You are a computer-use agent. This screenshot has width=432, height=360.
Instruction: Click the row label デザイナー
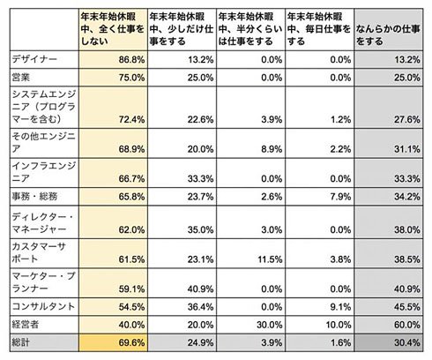(34, 59)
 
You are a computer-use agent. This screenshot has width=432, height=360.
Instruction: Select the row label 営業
(21, 78)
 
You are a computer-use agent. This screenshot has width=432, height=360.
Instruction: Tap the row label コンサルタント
(43, 307)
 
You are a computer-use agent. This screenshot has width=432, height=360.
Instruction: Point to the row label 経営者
(26, 325)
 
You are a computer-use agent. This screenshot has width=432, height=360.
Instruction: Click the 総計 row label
(20, 342)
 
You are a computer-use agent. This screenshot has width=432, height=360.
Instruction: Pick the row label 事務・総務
(34, 196)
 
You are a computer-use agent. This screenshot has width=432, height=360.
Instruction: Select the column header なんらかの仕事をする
(388, 35)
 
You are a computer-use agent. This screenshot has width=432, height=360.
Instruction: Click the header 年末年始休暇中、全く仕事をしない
(113, 29)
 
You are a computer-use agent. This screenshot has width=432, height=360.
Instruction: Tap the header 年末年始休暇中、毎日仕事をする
(319, 29)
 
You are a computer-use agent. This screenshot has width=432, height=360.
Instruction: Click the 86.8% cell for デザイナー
(131, 60)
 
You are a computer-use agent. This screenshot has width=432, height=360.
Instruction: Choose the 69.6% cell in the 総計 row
(131, 342)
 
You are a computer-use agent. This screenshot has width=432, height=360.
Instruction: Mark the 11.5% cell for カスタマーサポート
(270, 259)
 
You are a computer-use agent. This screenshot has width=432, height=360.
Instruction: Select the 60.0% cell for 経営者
(407, 325)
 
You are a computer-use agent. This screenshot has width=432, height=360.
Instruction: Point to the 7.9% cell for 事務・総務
(340, 196)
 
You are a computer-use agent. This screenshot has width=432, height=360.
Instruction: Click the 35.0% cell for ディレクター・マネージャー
(200, 229)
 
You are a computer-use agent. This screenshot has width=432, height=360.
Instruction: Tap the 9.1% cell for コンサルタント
(340, 307)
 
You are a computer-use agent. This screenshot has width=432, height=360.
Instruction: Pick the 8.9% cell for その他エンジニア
(272, 149)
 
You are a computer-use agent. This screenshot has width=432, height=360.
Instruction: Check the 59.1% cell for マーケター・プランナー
(131, 289)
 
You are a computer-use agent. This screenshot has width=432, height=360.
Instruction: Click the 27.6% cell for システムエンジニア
(407, 119)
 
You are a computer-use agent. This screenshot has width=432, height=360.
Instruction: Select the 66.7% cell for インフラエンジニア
(131, 178)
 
